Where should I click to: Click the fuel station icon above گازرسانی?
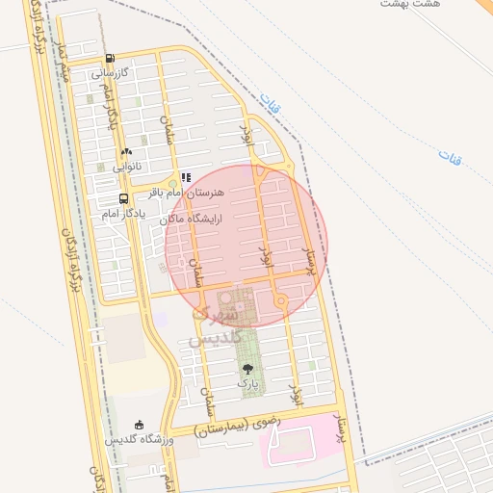(x=110, y=59)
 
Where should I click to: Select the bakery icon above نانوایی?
(x=126, y=152)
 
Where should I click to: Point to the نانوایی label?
(x=124, y=166)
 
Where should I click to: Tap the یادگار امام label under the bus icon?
(x=123, y=213)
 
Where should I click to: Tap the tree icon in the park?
(x=247, y=369)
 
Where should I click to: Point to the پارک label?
(x=247, y=383)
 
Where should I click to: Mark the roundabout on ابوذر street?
(x=280, y=301)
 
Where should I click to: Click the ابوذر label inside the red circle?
(x=267, y=256)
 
